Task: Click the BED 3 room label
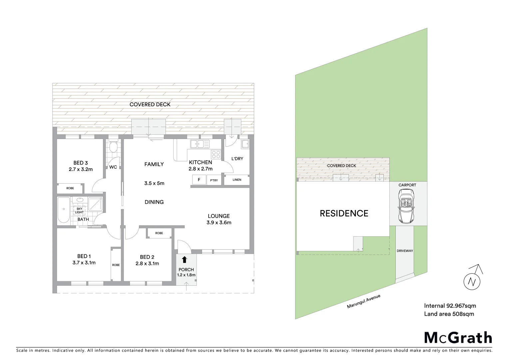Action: tap(81, 163)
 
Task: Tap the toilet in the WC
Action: tap(113, 147)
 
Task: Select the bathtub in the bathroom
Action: tap(64, 210)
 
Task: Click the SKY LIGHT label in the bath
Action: tap(79, 211)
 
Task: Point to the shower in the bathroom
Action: tap(96, 204)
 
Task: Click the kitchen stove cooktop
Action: tap(216, 154)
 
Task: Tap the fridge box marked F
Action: tap(199, 180)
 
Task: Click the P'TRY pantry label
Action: tap(214, 180)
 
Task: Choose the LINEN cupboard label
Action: tap(237, 180)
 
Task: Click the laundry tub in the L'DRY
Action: tap(245, 144)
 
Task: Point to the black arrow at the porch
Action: tap(185, 260)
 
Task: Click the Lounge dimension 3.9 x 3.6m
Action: tap(219, 223)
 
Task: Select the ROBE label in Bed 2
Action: tap(159, 233)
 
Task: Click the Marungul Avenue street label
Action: tap(363, 301)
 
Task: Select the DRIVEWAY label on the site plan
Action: tap(405, 251)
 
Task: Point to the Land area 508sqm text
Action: tap(449, 314)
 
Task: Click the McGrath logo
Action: tap(458, 338)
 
